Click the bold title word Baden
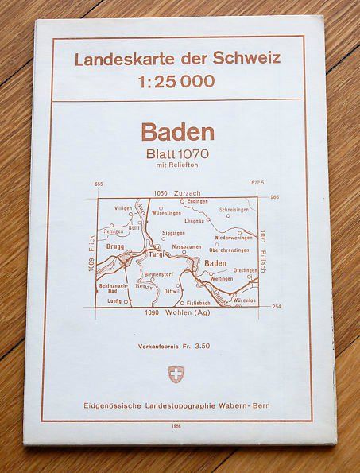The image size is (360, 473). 178,132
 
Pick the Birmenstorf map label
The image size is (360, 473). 161,273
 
